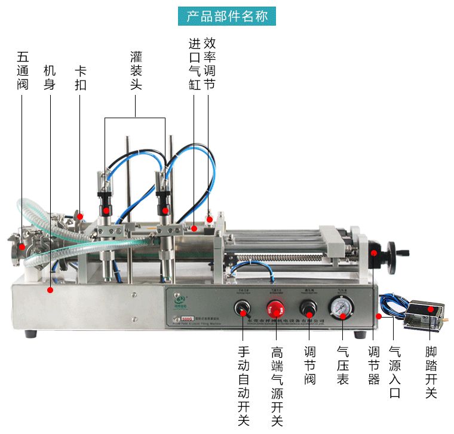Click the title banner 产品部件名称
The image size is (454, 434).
pyautogui.click(x=227, y=16)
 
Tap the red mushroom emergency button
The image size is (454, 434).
pyautogui.click(x=276, y=308)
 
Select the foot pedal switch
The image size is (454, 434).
pyautogui.click(x=423, y=314)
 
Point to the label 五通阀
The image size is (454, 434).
pyautogui.click(x=23, y=70)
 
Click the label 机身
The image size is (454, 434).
pyautogui.click(x=50, y=78)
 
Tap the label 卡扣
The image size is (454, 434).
pyautogui.click(x=80, y=78)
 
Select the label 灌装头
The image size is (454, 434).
pyautogui.click(x=136, y=70)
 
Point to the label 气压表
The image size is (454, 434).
pyautogui.click(x=343, y=365)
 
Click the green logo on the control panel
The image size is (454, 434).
pyautogui.click(x=179, y=297)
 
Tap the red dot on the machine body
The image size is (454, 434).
pyautogui.click(x=50, y=291)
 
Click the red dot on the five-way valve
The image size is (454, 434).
pyautogui.click(x=22, y=246)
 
